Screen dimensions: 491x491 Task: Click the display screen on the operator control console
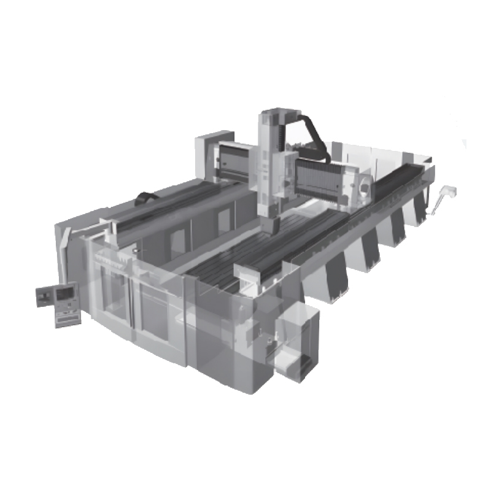(64, 294)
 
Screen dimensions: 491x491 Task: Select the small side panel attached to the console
(43, 297)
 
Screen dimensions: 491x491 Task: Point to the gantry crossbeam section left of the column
(236, 160)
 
